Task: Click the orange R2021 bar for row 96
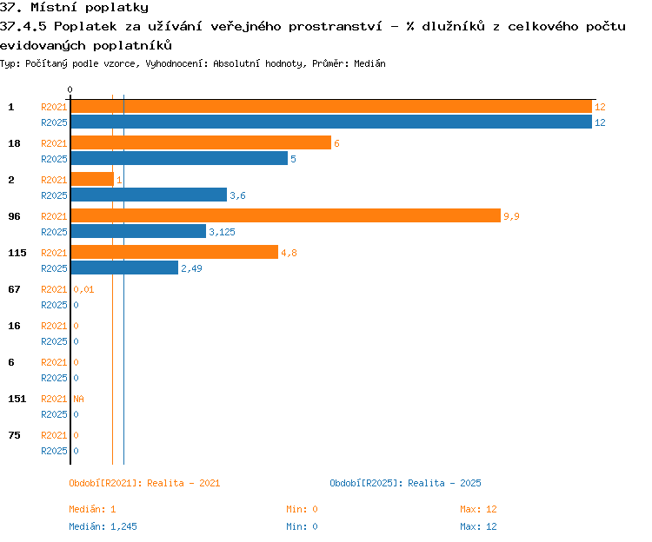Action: (x=286, y=215)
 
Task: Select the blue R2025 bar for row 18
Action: (x=179, y=158)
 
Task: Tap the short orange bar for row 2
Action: (x=92, y=179)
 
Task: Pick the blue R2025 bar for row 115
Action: (x=124, y=268)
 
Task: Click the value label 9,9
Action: (x=511, y=216)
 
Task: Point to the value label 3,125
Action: (x=222, y=232)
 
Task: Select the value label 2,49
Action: (x=192, y=268)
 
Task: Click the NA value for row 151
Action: (x=78, y=399)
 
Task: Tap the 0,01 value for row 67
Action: (x=83, y=289)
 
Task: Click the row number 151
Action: (x=17, y=399)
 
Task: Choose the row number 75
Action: (x=14, y=435)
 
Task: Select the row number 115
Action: (x=17, y=253)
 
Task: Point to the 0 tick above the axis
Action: (x=70, y=89)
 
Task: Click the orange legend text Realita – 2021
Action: (x=183, y=483)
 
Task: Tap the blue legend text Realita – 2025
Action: (x=444, y=483)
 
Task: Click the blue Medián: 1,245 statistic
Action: (x=103, y=526)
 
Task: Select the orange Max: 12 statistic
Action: (x=478, y=509)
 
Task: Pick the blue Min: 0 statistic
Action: (x=302, y=526)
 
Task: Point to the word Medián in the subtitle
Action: (x=369, y=63)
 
